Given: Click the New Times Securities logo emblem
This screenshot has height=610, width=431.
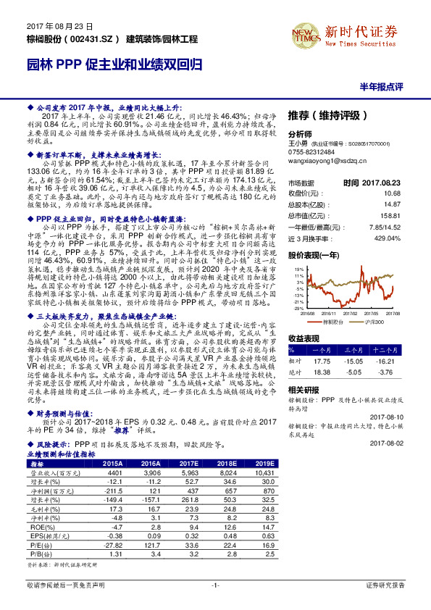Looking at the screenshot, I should [x=301, y=32].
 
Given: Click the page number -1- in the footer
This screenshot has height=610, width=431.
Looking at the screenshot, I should [x=215, y=603].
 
